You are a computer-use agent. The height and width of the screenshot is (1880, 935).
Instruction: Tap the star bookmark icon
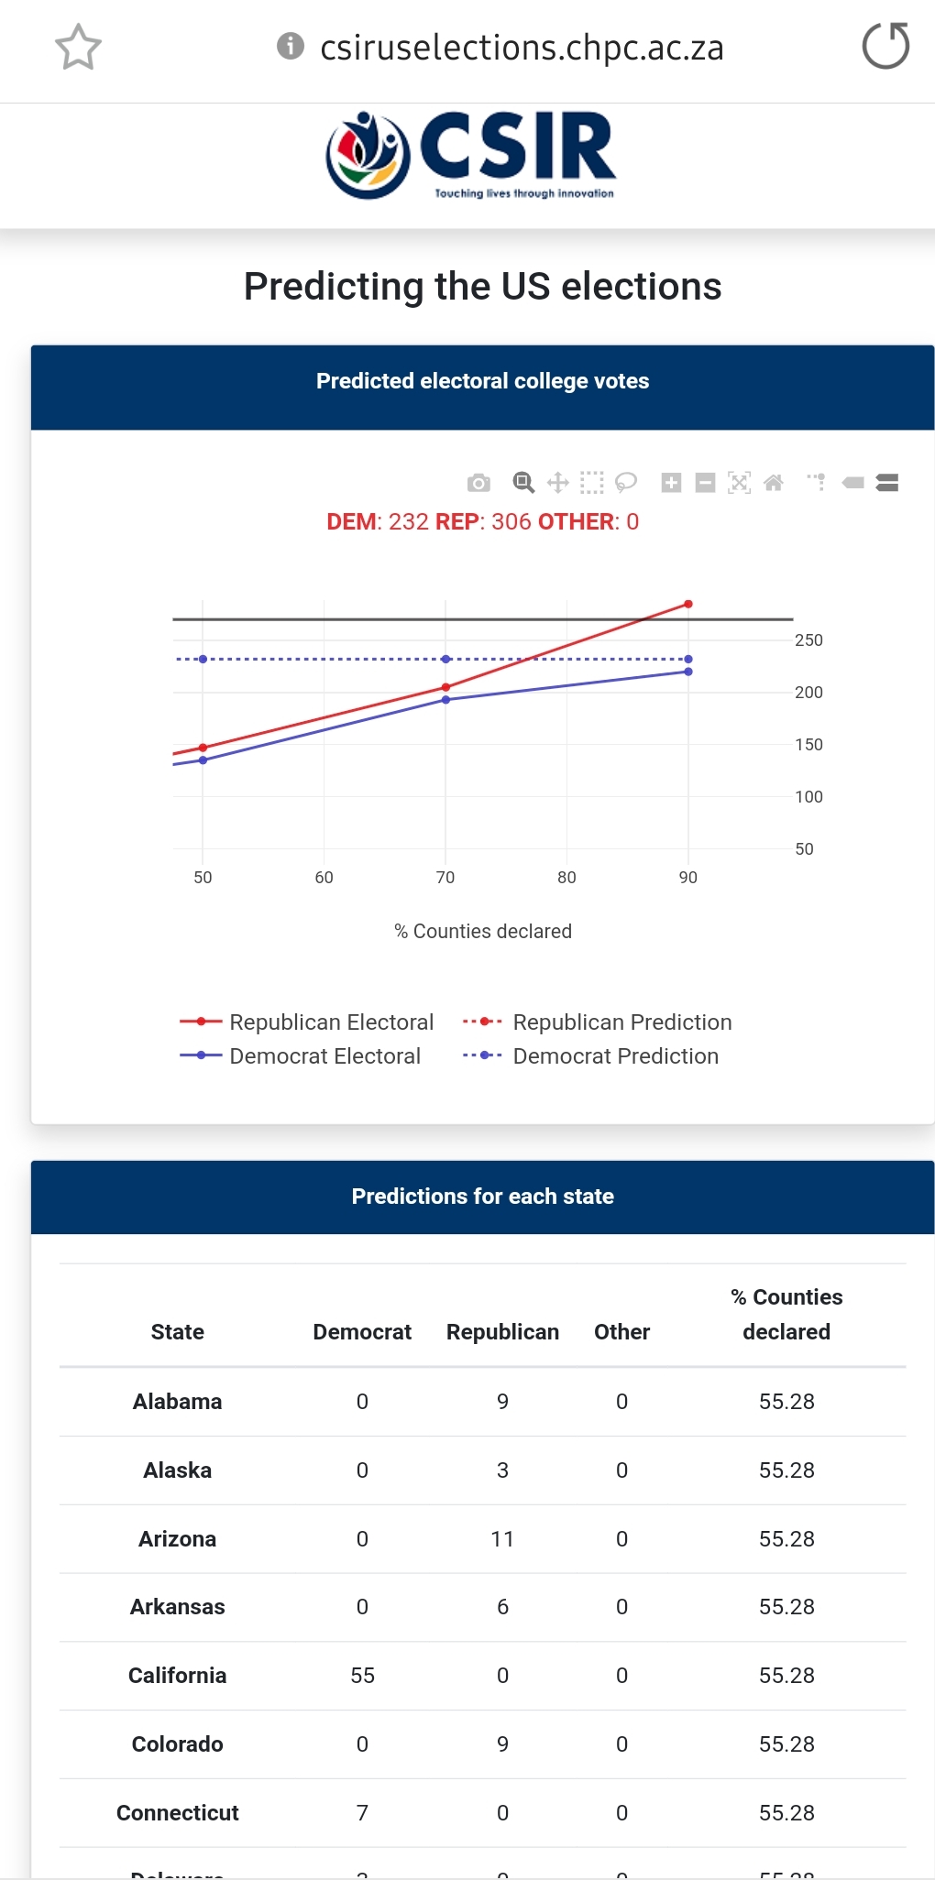(x=78, y=48)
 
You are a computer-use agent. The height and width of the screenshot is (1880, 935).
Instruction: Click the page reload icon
(x=885, y=47)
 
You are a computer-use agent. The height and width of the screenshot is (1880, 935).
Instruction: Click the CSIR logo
(x=471, y=155)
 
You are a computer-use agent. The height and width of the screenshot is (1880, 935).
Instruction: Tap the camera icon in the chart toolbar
(x=478, y=483)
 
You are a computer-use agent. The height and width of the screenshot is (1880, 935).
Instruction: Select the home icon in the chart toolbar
(x=774, y=483)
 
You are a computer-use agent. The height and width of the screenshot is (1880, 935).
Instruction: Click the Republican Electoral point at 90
(x=688, y=605)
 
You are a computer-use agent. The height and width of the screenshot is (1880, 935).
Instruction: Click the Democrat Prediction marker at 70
(x=445, y=660)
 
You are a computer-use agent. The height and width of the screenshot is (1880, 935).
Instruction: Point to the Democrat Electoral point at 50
(x=203, y=760)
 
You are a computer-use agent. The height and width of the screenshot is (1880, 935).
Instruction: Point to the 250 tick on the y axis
(x=808, y=640)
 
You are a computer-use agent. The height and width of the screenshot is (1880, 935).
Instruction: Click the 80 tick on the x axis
(x=566, y=878)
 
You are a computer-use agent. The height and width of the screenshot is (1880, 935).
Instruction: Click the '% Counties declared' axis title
(x=483, y=932)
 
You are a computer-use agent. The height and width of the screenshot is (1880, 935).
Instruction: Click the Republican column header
(x=502, y=1332)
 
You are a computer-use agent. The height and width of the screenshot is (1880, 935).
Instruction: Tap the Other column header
(x=621, y=1332)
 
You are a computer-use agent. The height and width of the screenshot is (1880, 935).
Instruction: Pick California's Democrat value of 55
(x=362, y=1676)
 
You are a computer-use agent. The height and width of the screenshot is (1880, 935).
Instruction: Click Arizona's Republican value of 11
(x=502, y=1539)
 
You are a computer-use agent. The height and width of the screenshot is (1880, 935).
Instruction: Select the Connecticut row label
(x=178, y=1813)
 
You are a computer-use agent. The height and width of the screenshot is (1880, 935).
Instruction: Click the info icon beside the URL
(x=290, y=46)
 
